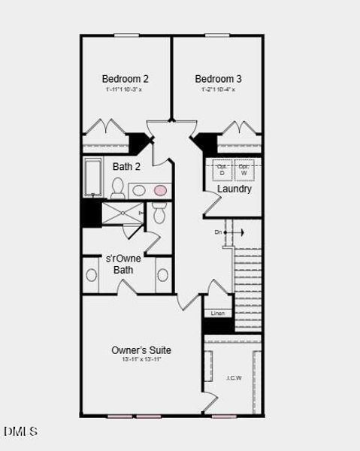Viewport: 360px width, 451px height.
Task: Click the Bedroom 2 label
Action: [x=126, y=78]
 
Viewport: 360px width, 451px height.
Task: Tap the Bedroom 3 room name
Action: [x=218, y=78]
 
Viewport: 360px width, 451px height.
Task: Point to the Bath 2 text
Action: [x=126, y=167]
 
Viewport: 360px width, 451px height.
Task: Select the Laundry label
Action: [x=234, y=189]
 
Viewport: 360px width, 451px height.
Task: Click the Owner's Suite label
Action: [x=141, y=350]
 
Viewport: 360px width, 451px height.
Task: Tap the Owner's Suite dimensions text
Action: [x=141, y=360]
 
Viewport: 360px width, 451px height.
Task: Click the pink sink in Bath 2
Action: [x=160, y=190]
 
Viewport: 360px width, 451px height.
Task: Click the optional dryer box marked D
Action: [x=222, y=169]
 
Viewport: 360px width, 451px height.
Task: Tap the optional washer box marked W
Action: [x=244, y=169]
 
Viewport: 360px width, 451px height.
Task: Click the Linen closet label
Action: [x=218, y=313]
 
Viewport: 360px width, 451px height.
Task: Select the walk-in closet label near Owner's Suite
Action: [x=234, y=377]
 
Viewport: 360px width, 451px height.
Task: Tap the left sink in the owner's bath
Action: [x=92, y=275]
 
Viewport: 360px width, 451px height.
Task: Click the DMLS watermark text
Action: [x=20, y=431]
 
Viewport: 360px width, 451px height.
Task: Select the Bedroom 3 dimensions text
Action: [x=218, y=89]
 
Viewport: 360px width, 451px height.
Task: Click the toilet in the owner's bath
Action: [x=159, y=215]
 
